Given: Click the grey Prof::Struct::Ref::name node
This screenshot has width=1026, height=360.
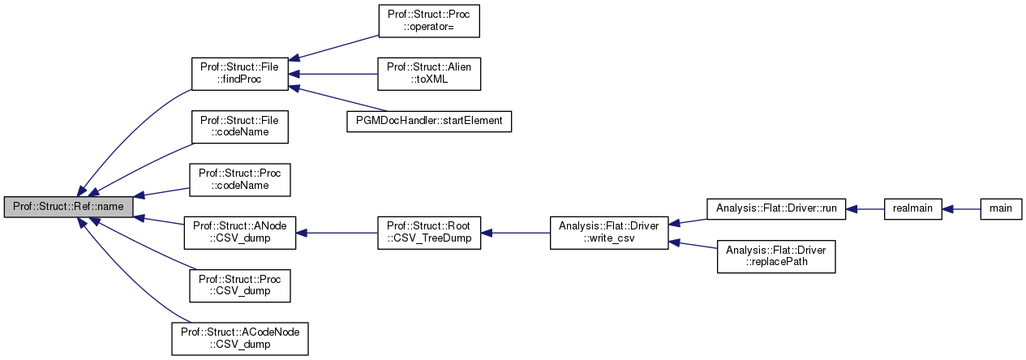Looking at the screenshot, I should pos(68,207).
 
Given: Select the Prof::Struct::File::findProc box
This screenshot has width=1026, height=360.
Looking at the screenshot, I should pos(239,74).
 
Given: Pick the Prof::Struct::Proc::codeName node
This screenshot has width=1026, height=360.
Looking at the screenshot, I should pos(239,179).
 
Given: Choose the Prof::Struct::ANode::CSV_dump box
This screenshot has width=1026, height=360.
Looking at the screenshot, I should pos(239,233).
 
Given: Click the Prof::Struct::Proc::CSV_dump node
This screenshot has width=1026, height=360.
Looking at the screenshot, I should pos(239,285).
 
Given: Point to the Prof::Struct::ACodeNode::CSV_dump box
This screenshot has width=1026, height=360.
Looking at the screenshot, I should pos(239,338).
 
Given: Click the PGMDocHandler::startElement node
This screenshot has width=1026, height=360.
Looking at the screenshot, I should pos(429,121).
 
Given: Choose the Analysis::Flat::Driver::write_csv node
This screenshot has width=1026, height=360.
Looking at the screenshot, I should pos(609,233).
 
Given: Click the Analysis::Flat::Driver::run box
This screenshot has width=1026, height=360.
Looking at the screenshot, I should pos(776,208).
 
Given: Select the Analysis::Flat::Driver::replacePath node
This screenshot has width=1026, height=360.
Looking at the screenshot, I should pos(776,256).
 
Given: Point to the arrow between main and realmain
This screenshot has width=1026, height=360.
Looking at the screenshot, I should pos(961,208).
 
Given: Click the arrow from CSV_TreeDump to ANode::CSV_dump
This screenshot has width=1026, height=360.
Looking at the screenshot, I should pos(336,233).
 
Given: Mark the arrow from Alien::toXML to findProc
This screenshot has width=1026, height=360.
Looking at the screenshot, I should pos(333,74).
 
